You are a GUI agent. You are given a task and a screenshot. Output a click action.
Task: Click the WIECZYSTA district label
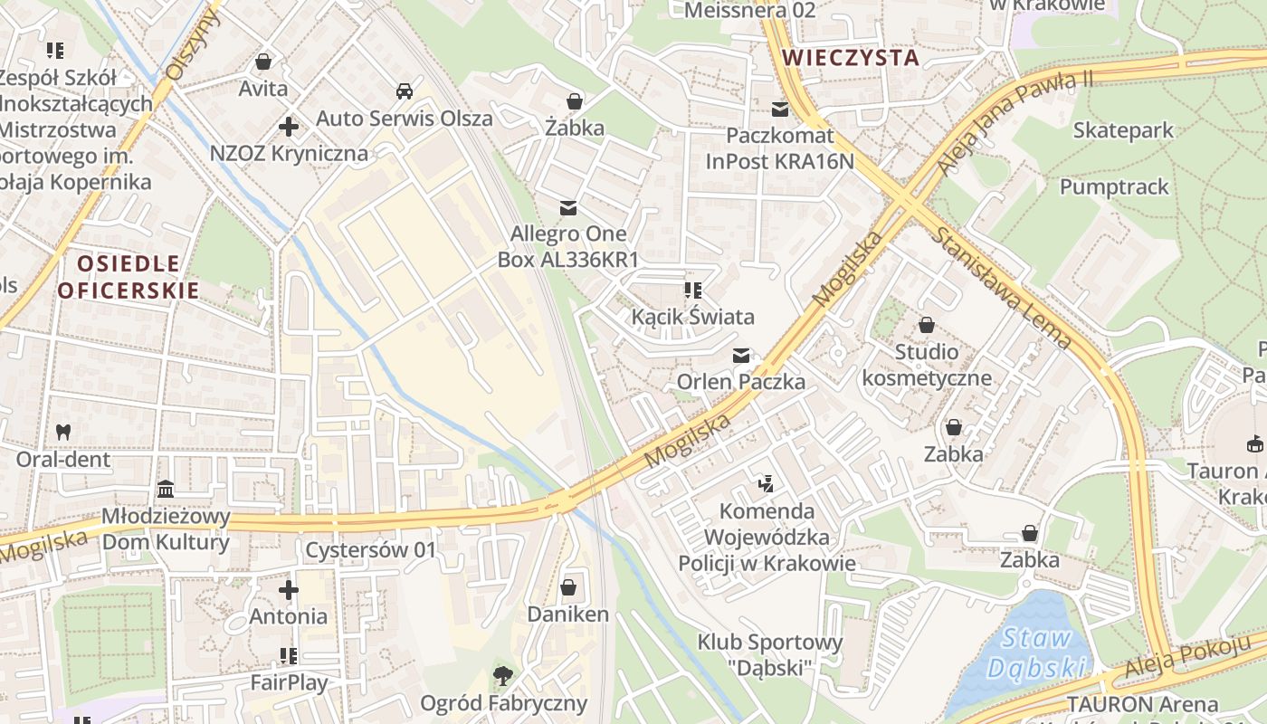tap(850, 58)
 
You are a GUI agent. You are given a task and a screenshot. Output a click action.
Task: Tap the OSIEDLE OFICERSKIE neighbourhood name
tap(128, 277)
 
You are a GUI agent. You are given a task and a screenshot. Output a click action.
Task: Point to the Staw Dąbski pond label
tap(1036, 653)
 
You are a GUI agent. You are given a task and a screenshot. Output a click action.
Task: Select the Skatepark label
tap(1122, 130)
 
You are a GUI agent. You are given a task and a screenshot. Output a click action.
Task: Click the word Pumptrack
tap(1114, 187)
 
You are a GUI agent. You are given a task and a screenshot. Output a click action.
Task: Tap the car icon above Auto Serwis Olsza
tap(405, 91)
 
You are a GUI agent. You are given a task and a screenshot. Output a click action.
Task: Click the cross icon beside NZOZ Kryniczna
tap(289, 127)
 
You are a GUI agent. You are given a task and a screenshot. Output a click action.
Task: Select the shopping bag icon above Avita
tap(263, 62)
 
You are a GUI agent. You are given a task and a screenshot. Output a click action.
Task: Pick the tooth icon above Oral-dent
tap(63, 432)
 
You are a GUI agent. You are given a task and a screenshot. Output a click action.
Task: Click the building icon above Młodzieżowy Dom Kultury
tap(166, 490)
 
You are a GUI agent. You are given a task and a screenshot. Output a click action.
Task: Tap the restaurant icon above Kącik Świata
tap(693, 291)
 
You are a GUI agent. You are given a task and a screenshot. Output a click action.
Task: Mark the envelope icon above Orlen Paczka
tap(741, 355)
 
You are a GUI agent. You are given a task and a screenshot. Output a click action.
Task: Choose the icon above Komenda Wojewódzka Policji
tap(767, 483)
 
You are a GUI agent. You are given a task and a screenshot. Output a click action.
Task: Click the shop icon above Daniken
tap(568, 587)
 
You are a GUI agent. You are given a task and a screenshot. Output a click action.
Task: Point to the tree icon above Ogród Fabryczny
tap(503, 675)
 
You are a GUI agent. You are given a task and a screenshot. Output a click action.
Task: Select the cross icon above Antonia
tap(289, 591)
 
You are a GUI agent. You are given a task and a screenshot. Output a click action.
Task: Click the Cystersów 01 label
tap(370, 550)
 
